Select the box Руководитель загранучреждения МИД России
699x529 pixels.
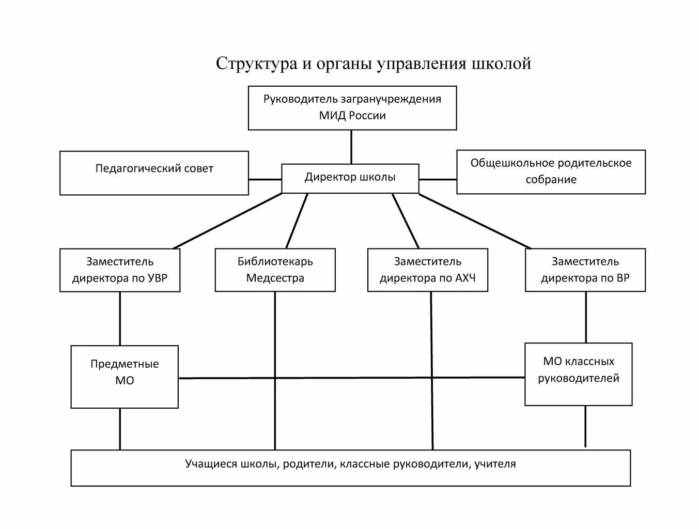coord(352,107)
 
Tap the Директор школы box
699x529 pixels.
coord(350,178)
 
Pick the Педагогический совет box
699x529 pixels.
coord(154,173)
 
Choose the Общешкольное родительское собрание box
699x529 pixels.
coord(551,172)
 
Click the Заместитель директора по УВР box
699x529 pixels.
coord(120,270)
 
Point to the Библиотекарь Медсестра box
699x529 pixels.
coord(275,270)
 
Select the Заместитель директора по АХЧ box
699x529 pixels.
coord(427,270)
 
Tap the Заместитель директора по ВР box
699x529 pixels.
coord(585,270)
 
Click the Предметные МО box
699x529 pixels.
coord(125,376)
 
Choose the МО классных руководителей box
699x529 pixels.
coord(578,374)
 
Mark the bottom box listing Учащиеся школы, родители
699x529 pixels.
coord(350,468)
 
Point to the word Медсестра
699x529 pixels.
coord(275,278)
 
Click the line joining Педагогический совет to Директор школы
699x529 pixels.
coord(265,179)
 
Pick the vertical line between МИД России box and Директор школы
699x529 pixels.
coord(352,147)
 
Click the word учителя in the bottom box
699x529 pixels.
coord(497,464)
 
